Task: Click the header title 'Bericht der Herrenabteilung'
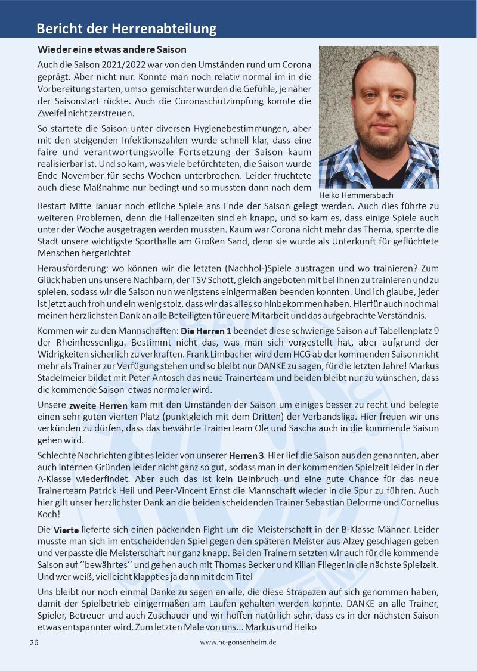click(x=126, y=29)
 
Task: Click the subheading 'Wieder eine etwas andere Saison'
click(x=112, y=49)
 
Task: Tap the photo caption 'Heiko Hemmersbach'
click(x=357, y=195)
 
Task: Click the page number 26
click(x=34, y=642)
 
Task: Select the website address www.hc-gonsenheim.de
click(x=238, y=642)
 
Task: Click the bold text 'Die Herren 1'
click(x=206, y=330)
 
